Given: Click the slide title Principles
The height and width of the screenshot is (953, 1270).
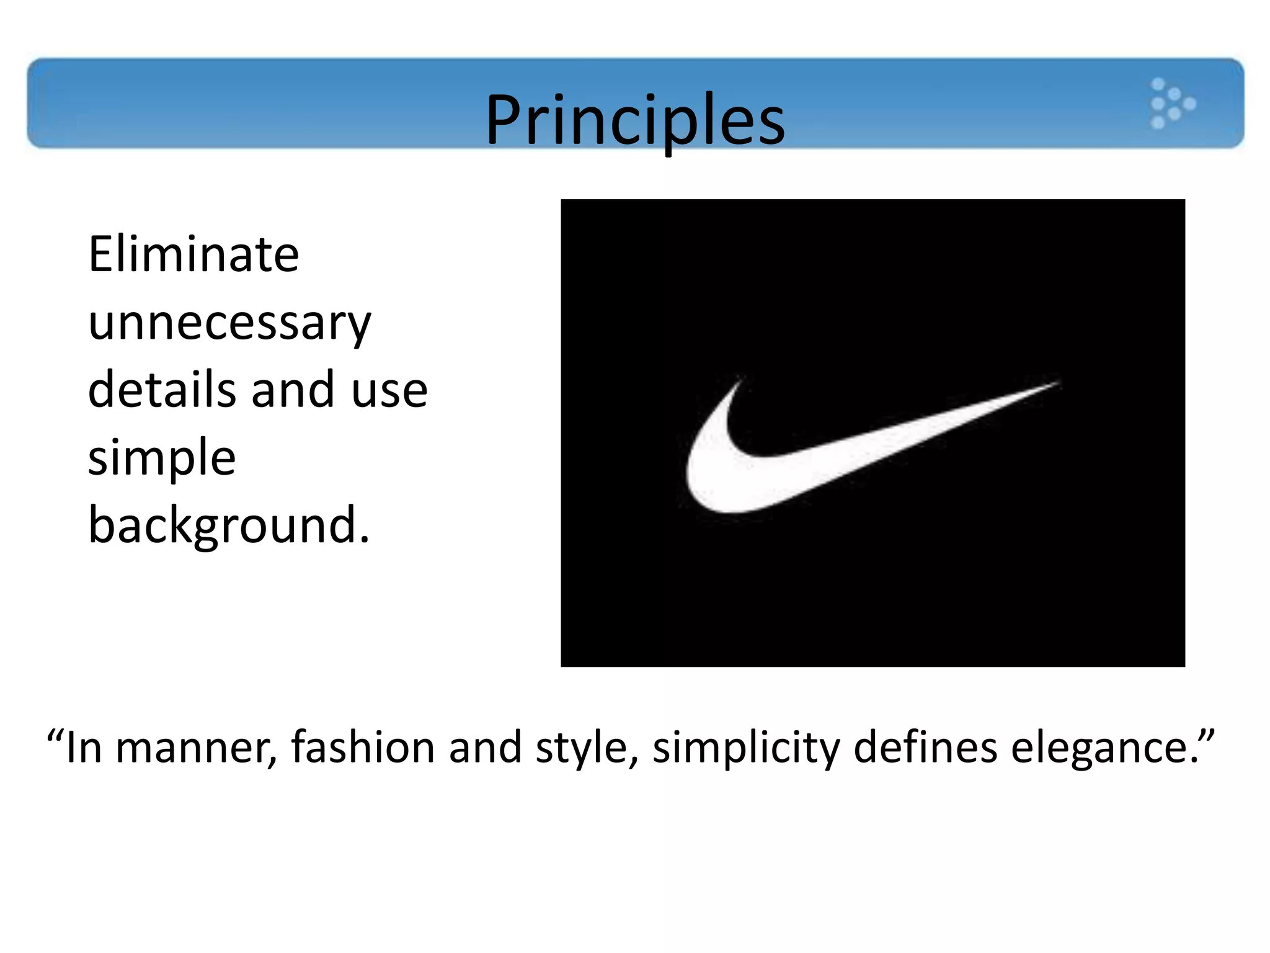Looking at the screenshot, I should (635, 119).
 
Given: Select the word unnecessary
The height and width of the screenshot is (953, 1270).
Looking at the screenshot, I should (229, 324).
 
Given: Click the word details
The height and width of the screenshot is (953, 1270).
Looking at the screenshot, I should (162, 390).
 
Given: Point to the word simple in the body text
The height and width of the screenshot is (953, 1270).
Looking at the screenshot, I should (162, 458).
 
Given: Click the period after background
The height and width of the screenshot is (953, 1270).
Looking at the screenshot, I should (364, 540).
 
